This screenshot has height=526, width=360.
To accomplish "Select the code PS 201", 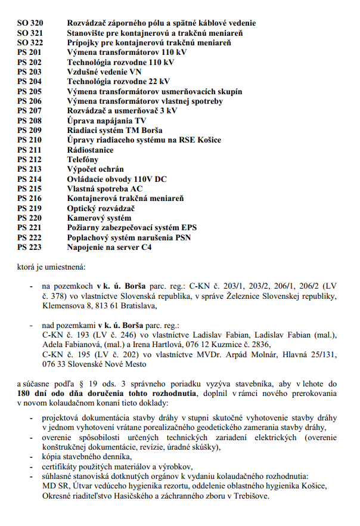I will click(30, 52).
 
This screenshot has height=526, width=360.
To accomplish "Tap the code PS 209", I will click(30, 130).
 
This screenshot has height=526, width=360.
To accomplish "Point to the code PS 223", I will click(30, 246).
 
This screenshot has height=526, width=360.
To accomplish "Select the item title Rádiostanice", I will click(89, 149).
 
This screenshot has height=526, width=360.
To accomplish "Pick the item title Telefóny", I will click(83, 159).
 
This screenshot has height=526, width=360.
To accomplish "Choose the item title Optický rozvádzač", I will click(101, 208).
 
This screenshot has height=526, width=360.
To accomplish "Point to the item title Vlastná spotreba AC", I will click(105, 188).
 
